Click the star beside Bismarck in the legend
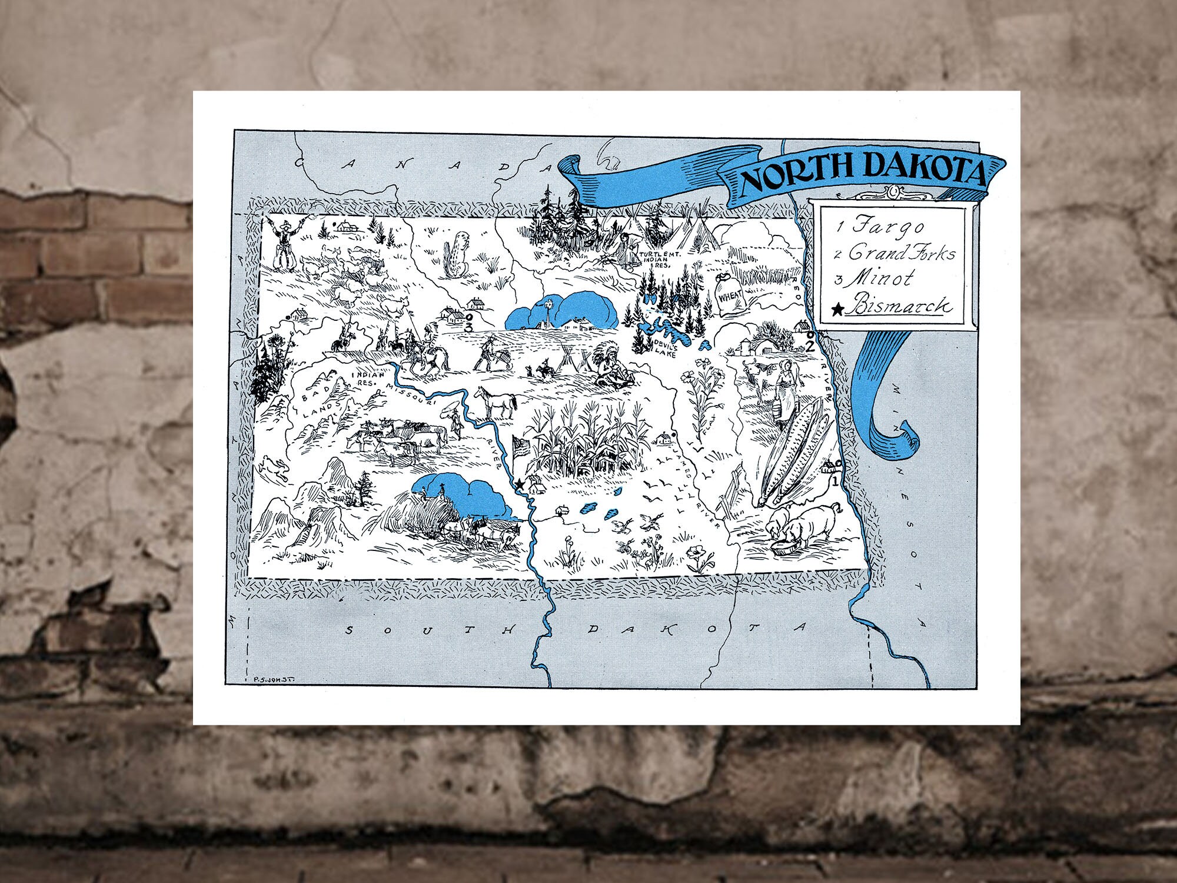point(839,307)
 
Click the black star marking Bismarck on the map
point(519,484)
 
